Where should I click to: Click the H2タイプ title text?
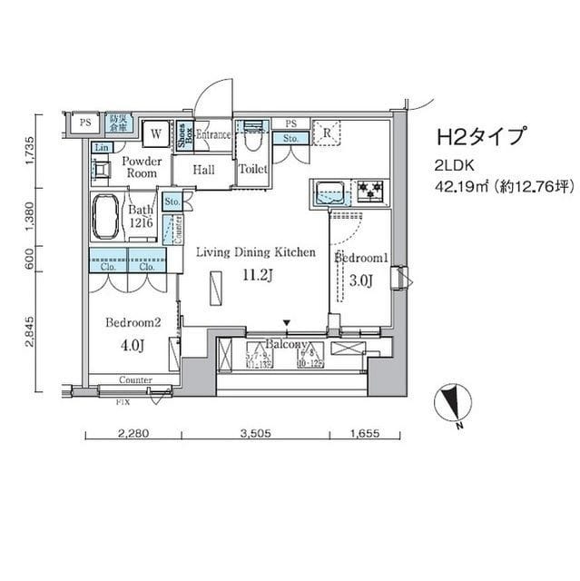[x=481, y=137]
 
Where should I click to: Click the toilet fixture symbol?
[x=251, y=137]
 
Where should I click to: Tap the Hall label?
[x=203, y=170]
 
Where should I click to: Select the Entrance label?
[x=212, y=134]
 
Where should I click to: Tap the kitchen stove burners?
[x=369, y=191]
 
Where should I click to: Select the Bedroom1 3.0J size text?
[x=360, y=281]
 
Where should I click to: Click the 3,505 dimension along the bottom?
[x=256, y=434]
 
